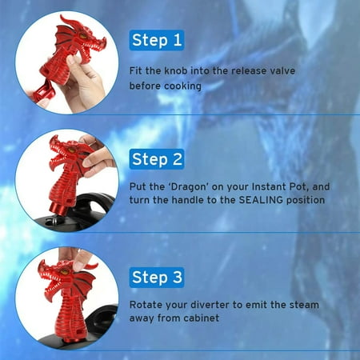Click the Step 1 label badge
click(x=157, y=40)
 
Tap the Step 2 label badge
click(x=157, y=159)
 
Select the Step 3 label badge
click(x=157, y=278)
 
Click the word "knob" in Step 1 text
click(x=175, y=70)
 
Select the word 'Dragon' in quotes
click(x=189, y=186)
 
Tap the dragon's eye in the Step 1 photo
click(x=83, y=36)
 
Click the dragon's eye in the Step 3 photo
click(x=65, y=272)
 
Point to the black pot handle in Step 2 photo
click(x=94, y=203)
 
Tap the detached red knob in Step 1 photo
click(x=43, y=94)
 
